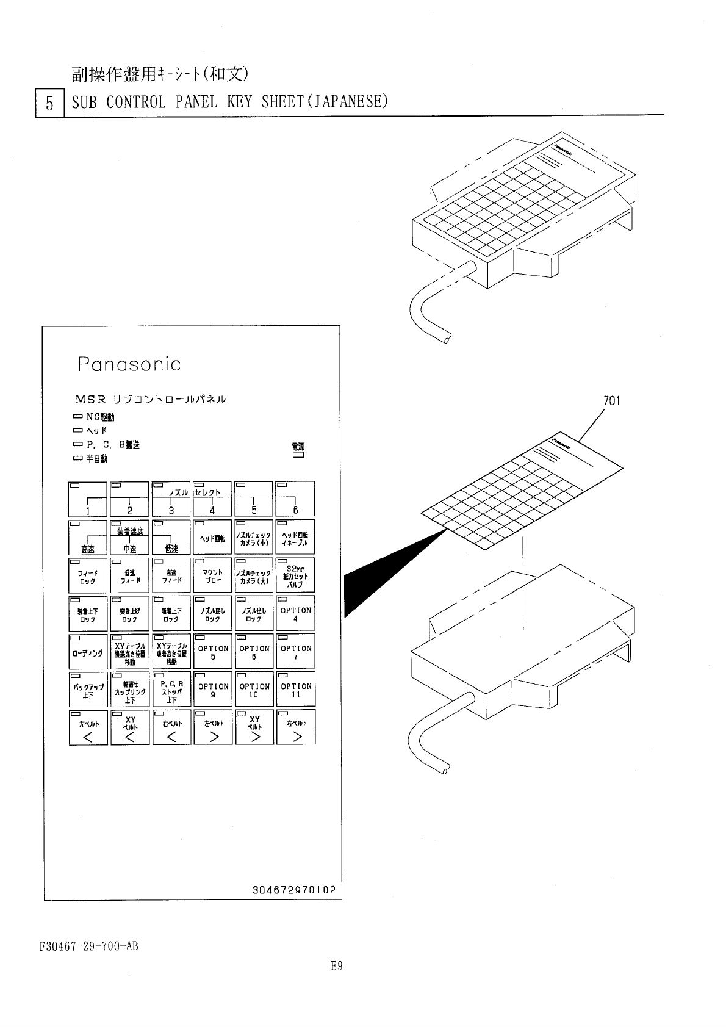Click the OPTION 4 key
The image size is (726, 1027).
(x=296, y=613)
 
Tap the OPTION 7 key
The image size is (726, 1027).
(x=296, y=652)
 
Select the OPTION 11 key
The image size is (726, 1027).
(x=296, y=690)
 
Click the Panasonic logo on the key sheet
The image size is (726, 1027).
(x=129, y=364)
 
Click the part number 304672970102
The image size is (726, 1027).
(x=294, y=890)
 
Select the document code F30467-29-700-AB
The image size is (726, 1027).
(x=89, y=946)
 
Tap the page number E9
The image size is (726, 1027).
(x=336, y=966)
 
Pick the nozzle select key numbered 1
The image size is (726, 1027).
(x=88, y=499)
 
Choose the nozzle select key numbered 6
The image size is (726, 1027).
(x=296, y=499)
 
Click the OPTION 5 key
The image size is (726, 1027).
(x=213, y=652)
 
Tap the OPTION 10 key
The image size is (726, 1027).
(x=254, y=690)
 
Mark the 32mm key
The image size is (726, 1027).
(x=296, y=575)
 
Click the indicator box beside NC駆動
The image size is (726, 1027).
(x=77, y=417)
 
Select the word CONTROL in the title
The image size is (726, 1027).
(x=136, y=101)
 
